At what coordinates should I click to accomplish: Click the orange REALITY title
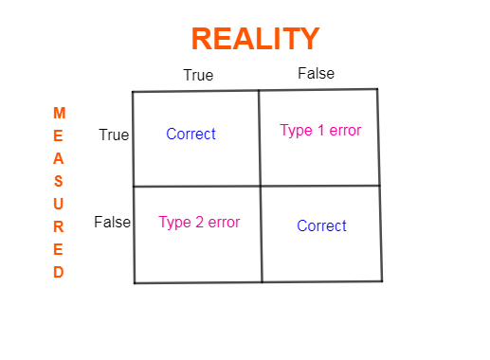[255, 39]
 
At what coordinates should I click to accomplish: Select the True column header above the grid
[198, 75]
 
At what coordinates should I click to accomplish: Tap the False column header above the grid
[316, 73]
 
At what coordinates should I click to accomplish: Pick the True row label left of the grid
[114, 135]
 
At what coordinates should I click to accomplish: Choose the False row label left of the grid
[112, 223]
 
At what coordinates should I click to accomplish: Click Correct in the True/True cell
[191, 134]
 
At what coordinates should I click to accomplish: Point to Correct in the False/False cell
[321, 225]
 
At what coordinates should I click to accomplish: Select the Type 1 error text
[320, 130]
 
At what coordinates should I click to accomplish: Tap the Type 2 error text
[199, 223]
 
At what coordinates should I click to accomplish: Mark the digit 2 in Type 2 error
[200, 223]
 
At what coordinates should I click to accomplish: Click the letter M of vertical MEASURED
[59, 113]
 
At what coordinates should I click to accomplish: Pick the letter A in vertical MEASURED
[59, 158]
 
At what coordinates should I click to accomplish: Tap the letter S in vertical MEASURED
[59, 181]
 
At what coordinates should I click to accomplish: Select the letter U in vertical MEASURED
[59, 204]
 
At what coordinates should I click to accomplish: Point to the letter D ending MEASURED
[59, 272]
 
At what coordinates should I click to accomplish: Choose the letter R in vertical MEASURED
[59, 226]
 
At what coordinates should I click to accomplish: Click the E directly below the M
[59, 135]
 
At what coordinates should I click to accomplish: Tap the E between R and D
[59, 249]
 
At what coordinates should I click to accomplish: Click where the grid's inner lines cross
[260, 186]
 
